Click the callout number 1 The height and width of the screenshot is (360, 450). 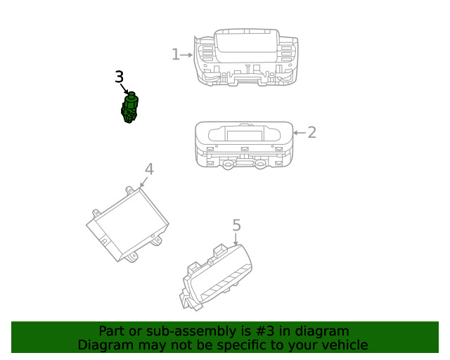point(175,54)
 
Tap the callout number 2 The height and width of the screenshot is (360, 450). point(312,132)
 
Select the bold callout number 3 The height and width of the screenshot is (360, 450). point(119,77)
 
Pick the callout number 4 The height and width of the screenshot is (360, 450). point(149,169)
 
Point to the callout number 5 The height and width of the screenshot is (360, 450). point(236,226)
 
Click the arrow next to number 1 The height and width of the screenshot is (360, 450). point(186,55)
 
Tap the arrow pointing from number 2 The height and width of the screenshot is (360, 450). point(300,133)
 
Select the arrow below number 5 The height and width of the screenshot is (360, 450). point(236,239)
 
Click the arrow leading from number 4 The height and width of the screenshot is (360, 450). point(143,182)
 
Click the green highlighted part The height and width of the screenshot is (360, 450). point(129,108)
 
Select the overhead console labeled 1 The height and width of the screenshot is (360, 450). point(246,57)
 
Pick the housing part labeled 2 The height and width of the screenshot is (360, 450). point(244,146)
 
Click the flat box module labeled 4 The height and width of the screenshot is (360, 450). point(128,224)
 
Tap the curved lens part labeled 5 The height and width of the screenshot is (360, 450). point(217,277)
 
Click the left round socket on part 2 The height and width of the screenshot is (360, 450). point(228,165)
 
